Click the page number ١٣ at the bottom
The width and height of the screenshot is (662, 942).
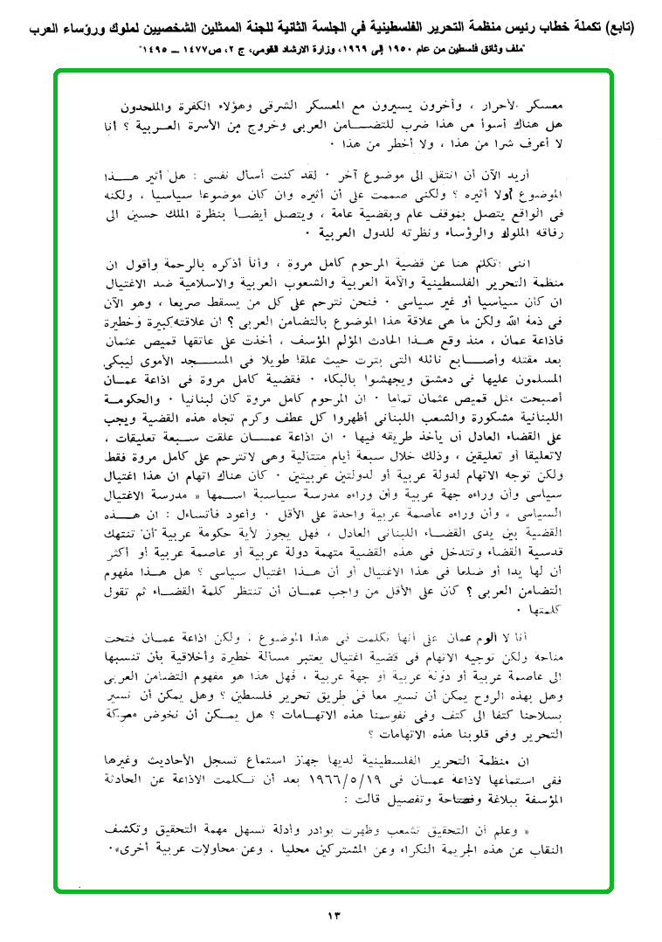click(333, 915)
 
